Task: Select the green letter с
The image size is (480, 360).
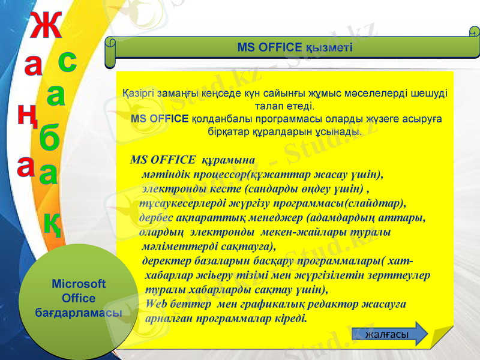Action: [x=68, y=62]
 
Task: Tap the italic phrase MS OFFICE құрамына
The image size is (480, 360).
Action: [x=192, y=160]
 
